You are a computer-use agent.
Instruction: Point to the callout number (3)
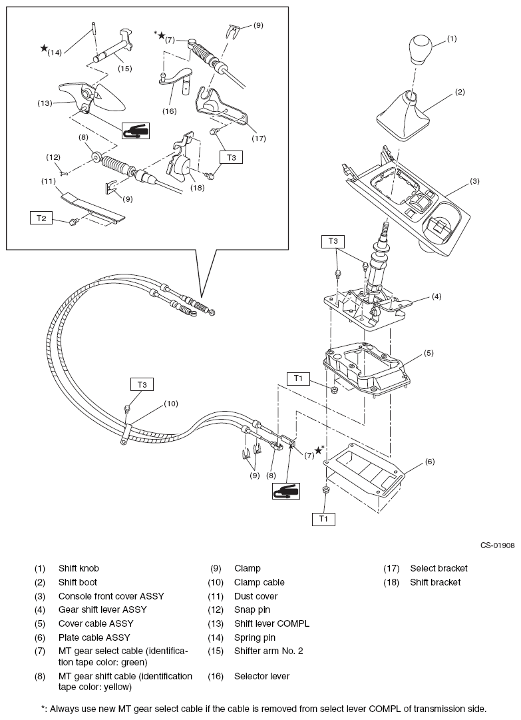tap(474, 180)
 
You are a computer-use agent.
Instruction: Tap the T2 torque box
tap(40, 217)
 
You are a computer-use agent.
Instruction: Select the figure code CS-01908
tap(497, 545)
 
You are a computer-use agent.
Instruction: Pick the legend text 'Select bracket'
tap(438, 568)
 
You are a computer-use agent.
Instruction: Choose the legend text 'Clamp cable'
tap(259, 582)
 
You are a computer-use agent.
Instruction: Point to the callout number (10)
tap(172, 404)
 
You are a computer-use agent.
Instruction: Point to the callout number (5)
tap(429, 353)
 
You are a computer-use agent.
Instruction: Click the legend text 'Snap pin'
tap(253, 609)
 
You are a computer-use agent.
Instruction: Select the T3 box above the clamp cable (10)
tap(141, 384)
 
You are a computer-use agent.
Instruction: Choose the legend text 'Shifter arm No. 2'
tap(268, 651)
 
